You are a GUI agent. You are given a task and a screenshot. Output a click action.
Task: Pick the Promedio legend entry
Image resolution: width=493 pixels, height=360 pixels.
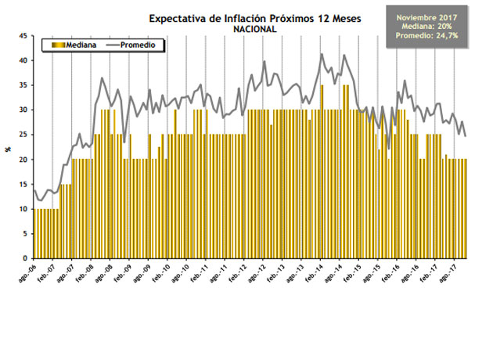pyautogui.click(x=144, y=45)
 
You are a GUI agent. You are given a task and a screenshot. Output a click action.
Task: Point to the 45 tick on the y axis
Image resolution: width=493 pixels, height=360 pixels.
pyautogui.click(x=24, y=36)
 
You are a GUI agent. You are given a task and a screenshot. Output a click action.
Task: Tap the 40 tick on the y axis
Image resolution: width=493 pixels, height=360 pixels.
pyautogui.click(x=24, y=60)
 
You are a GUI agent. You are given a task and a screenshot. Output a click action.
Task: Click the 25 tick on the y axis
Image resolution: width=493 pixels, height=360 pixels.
pyautogui.click(x=24, y=135)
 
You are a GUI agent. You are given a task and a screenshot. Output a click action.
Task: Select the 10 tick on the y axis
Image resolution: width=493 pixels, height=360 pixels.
pyautogui.click(x=24, y=209)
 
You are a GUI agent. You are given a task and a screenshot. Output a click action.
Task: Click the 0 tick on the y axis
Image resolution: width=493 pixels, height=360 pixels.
pyautogui.click(x=27, y=258)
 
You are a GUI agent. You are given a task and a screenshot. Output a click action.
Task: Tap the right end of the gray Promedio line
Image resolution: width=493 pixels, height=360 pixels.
pyautogui.click(x=466, y=136)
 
